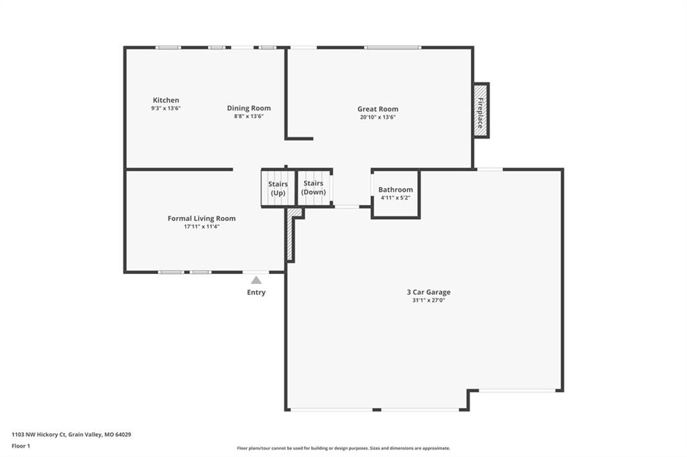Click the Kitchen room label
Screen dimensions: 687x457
(166, 101)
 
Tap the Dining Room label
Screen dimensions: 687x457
(249, 108)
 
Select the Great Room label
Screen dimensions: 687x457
(378, 109)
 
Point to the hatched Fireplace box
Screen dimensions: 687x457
(480, 111)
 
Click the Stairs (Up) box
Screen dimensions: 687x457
(278, 188)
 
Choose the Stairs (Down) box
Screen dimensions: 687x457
(314, 187)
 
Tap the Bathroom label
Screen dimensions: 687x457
(396, 190)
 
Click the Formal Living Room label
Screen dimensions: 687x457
(201, 218)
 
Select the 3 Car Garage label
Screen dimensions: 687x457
(429, 292)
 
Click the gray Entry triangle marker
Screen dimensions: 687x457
(256, 280)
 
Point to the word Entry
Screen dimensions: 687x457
(256, 292)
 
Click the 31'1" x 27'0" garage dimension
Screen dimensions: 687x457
(429, 300)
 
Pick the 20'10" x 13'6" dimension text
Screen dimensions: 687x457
(378, 117)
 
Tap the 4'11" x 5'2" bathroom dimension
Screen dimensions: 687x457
(396, 198)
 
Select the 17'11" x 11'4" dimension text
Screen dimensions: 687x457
(201, 226)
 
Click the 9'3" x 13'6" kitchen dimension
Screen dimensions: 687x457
(166, 108)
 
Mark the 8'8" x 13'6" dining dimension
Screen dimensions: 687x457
(249, 117)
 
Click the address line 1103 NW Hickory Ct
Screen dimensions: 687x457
(71, 435)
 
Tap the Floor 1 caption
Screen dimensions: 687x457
(21, 446)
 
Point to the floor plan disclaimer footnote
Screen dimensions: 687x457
(343, 448)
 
